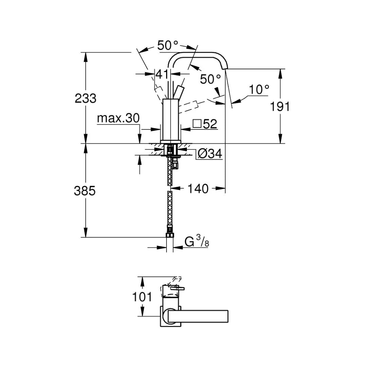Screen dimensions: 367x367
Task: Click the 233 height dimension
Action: click(x=86, y=99)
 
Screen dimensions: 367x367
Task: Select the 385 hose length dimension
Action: click(x=85, y=191)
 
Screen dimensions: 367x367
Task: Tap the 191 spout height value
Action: click(x=280, y=107)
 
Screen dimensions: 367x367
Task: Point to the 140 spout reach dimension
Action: click(x=198, y=189)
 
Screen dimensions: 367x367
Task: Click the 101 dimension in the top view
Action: click(x=142, y=297)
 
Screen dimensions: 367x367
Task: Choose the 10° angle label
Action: click(x=259, y=90)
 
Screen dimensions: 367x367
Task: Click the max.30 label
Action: click(x=118, y=118)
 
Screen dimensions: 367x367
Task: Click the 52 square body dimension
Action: click(x=210, y=124)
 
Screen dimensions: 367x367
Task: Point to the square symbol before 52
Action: click(x=197, y=123)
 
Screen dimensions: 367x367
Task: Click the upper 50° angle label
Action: click(x=168, y=45)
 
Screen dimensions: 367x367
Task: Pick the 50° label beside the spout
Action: click(x=210, y=79)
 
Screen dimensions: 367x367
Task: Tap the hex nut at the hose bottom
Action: click(x=170, y=234)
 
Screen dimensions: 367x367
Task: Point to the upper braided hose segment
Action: click(x=170, y=173)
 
